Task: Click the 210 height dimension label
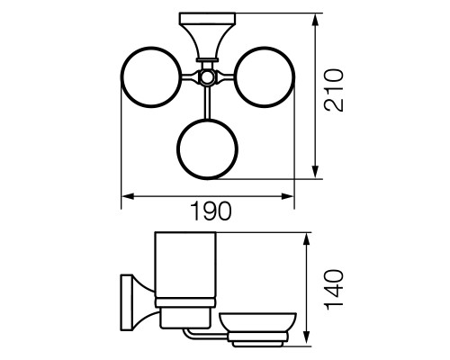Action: [x=334, y=90]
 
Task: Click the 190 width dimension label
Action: [x=211, y=211]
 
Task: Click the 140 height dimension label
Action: [x=334, y=290]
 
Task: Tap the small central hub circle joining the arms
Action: [x=207, y=77]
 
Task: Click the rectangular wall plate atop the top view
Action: [x=207, y=18]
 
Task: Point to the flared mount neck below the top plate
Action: [x=207, y=40]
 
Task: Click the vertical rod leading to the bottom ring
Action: [x=207, y=102]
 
